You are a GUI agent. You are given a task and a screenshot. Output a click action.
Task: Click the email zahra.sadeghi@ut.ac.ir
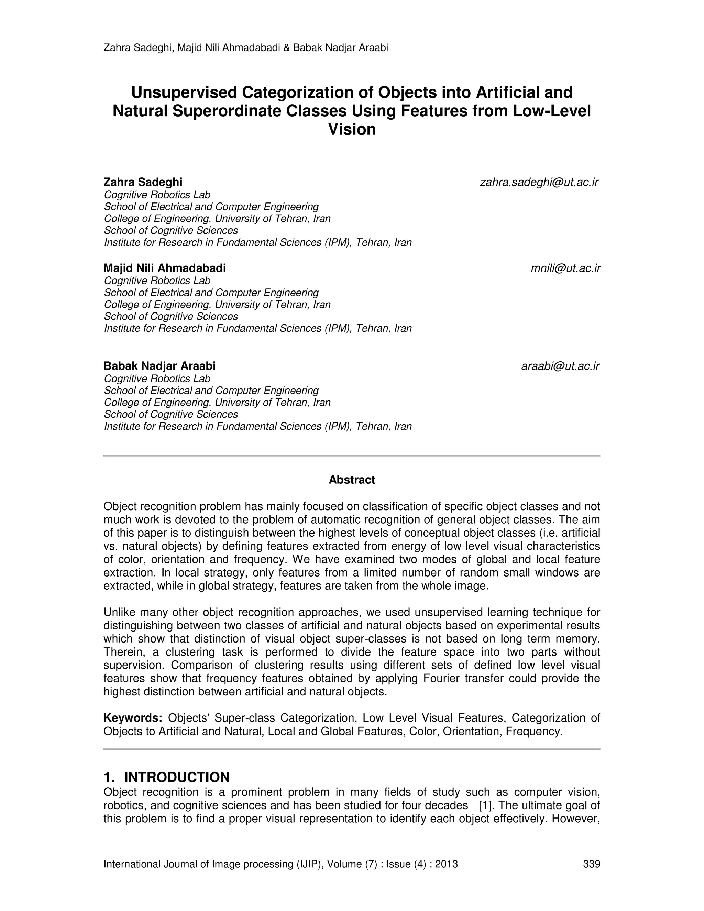point(539,182)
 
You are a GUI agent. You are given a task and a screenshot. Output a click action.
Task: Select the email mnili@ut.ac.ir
point(565,268)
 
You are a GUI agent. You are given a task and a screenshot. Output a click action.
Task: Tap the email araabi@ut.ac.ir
point(560,366)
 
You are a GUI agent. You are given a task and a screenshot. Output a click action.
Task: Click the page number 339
point(591,864)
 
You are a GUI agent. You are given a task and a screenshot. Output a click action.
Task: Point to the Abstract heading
point(352,480)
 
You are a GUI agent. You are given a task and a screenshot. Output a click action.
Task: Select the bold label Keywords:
point(133,718)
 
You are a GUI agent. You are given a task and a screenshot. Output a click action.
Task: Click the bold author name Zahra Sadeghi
point(143,182)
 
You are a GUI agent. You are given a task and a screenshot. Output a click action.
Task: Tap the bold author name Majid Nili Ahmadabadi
point(165,268)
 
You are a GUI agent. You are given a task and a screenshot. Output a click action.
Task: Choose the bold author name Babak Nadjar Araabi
point(160,366)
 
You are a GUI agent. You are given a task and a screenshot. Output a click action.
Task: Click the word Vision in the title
point(352,129)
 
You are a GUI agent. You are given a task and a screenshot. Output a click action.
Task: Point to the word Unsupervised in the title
point(184,92)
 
